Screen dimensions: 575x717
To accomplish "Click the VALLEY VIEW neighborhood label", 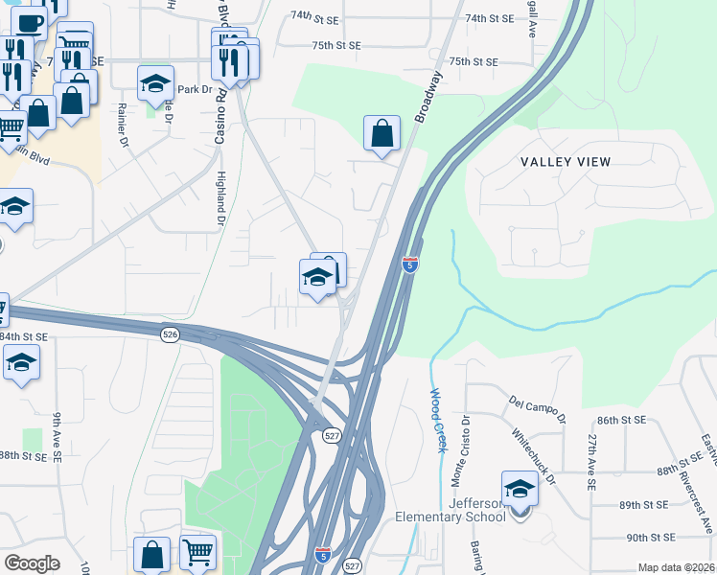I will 566,161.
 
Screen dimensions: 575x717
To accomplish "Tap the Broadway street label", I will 428,96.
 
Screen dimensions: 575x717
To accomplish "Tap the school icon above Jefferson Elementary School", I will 520,489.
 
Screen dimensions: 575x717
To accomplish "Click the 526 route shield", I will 170,333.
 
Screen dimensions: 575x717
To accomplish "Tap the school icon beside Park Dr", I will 154,84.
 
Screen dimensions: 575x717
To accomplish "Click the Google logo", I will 32,563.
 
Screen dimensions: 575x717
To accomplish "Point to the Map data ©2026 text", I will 676,567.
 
